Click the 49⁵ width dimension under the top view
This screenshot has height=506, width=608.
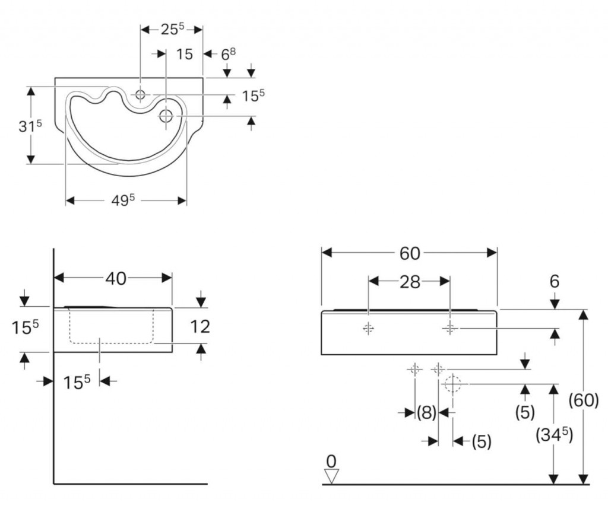[125, 201]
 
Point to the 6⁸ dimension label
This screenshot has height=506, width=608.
[229, 54]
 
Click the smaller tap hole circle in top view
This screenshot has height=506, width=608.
[141, 94]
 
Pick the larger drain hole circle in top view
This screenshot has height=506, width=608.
[166, 116]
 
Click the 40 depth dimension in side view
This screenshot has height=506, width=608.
[116, 278]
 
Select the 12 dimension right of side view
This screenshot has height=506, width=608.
[201, 326]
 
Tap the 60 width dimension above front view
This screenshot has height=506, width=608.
[410, 253]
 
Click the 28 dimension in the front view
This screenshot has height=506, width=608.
[409, 282]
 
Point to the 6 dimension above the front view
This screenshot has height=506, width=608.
[554, 281]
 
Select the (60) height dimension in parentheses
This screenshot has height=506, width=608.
[584, 400]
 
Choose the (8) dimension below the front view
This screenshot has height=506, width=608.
[426, 412]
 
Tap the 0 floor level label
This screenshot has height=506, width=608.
[331, 460]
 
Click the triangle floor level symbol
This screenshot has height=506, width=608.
[331, 476]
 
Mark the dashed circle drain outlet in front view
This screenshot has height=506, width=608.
[452, 384]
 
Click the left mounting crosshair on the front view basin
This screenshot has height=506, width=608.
[369, 328]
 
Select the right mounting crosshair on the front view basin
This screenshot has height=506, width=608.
[449, 327]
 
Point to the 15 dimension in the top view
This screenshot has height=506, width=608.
[185, 54]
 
